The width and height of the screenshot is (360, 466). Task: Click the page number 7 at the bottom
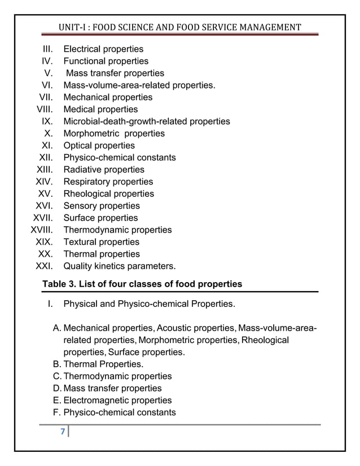click(x=63, y=433)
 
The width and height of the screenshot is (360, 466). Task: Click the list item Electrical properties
click(x=103, y=49)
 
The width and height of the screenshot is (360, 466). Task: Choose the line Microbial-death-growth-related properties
click(x=147, y=121)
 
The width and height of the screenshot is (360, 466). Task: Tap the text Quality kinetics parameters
click(x=120, y=266)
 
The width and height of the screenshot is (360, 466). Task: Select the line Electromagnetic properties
click(x=117, y=401)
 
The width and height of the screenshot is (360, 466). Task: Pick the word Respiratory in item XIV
click(x=87, y=182)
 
